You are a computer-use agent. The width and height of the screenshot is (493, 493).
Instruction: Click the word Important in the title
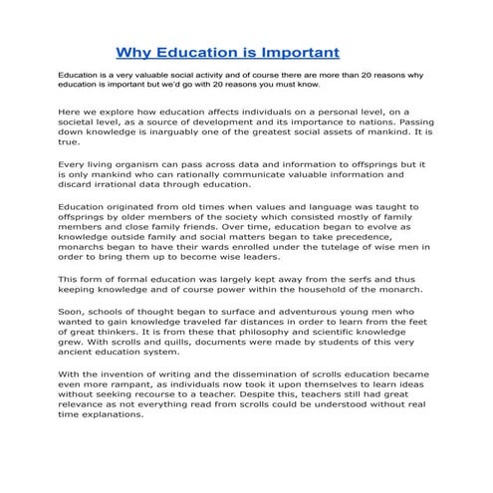tap(297, 51)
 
